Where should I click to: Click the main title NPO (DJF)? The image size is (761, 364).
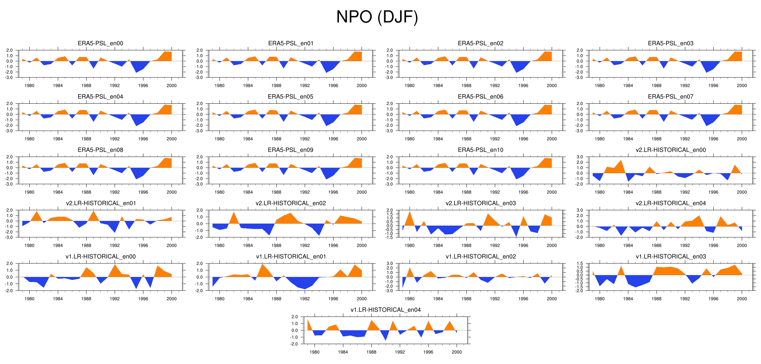377,17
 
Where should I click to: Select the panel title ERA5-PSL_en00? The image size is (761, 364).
100,43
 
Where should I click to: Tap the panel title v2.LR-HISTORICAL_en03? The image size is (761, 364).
481,203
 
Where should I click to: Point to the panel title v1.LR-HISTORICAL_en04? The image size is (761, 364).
386,310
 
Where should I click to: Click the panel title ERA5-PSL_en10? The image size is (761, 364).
481,150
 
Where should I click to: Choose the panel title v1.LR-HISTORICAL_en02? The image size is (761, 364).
481,256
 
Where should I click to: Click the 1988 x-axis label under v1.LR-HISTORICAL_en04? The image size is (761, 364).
371,352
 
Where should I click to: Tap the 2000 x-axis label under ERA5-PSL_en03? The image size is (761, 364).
742,85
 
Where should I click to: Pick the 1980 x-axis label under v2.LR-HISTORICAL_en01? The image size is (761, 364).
29,245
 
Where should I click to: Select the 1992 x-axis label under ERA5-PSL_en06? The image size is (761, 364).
495,139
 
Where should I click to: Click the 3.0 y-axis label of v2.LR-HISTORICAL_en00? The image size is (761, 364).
580,157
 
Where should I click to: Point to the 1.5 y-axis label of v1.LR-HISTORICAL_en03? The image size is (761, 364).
580,264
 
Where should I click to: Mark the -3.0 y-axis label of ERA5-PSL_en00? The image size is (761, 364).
9,78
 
